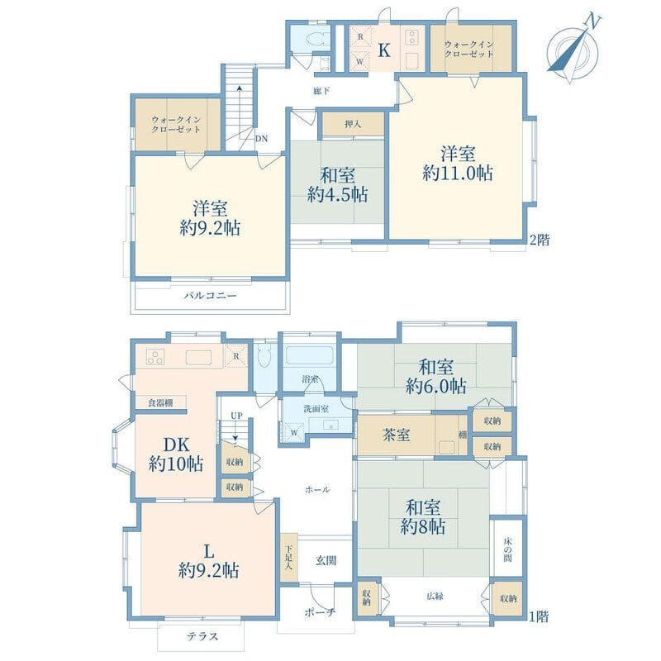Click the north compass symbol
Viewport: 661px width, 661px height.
point(573,50)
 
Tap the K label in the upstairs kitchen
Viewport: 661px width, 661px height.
point(383,50)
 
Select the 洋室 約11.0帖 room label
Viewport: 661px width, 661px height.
point(458,164)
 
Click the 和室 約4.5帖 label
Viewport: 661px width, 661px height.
point(337,185)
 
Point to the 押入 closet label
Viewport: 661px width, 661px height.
point(353,125)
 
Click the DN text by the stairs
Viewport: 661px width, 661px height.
point(261,139)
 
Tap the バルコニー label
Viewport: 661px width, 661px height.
point(210,296)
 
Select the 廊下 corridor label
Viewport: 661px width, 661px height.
point(321,91)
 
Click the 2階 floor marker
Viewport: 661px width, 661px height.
point(540,240)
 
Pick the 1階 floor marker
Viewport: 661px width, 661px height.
point(540,616)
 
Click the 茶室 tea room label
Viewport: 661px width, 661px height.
point(396,435)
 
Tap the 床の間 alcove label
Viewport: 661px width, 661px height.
point(508,549)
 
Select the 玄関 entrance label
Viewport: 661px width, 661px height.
point(326,561)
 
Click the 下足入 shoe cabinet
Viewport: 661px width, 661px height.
point(288,558)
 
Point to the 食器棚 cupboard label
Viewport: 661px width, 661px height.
point(160,402)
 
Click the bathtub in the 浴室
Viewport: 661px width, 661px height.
point(310,355)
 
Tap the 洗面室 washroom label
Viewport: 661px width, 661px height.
point(316,408)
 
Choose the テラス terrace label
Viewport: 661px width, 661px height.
point(202,636)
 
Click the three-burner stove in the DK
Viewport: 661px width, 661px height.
point(155,358)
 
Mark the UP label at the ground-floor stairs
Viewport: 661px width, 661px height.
point(236,416)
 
